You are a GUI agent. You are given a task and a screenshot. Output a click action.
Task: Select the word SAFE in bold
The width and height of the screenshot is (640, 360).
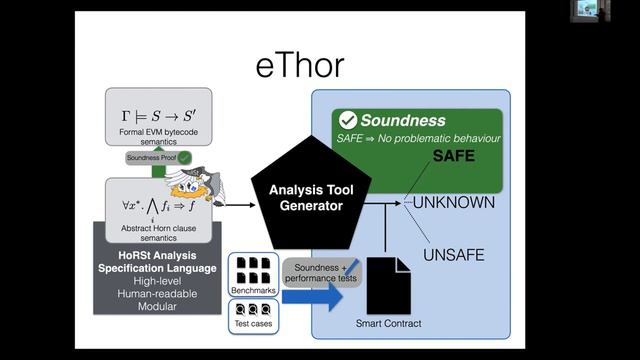point(453,157)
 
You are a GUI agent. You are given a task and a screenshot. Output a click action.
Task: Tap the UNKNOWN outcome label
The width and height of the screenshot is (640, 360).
point(454,203)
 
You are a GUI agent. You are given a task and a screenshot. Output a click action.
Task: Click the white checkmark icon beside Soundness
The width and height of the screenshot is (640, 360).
point(348,120)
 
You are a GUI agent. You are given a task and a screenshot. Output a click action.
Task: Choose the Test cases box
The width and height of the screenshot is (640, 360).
point(253,315)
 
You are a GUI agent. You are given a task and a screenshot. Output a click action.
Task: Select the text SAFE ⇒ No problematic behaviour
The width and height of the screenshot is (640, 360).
point(418,138)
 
